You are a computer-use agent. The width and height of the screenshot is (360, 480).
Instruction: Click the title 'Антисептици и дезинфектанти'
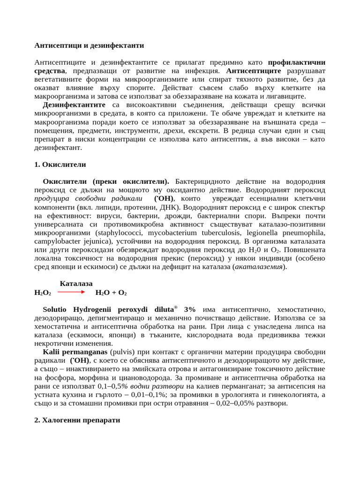(x=89, y=45)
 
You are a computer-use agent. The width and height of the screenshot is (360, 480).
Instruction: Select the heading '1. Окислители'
(x=60, y=165)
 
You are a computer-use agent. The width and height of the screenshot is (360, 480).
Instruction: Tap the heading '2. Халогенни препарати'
(x=77, y=420)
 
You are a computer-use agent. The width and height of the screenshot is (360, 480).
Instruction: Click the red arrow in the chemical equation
(x=71, y=292)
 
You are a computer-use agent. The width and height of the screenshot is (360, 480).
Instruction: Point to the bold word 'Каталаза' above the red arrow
(x=76, y=284)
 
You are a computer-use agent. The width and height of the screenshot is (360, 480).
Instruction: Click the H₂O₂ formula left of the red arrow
(x=43, y=292)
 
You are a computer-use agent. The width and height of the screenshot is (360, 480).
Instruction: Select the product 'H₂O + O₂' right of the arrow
(x=111, y=292)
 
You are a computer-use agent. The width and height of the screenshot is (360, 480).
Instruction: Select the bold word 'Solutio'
(x=56, y=310)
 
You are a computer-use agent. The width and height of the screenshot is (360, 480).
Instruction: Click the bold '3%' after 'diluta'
(x=190, y=310)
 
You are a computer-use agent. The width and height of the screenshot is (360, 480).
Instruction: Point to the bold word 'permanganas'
(x=84, y=352)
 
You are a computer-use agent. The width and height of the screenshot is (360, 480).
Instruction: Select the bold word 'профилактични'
(x=297, y=62)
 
